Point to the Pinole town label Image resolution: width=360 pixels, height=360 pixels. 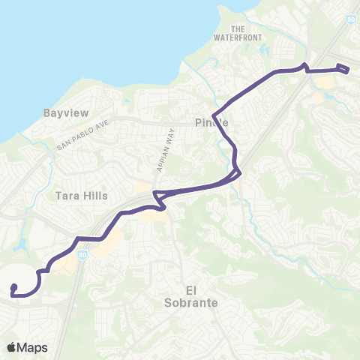(211, 122)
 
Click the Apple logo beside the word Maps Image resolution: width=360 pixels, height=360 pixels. (12, 347)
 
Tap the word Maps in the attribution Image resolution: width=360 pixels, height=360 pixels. (33, 347)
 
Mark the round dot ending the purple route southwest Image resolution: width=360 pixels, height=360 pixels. (13, 286)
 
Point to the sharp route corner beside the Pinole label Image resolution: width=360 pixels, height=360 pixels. (214, 115)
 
